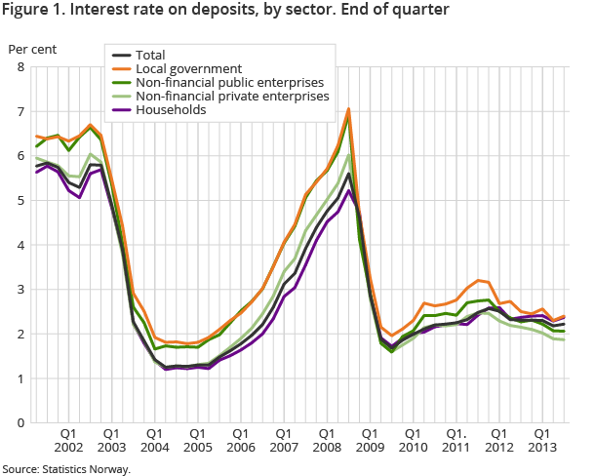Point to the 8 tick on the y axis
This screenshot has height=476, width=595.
(20, 67)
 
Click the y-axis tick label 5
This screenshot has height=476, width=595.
(20, 201)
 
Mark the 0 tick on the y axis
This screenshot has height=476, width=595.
(20, 423)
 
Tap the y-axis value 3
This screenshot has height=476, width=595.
(20, 290)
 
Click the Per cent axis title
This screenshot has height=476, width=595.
(32, 47)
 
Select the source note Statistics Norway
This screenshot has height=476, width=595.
(86, 469)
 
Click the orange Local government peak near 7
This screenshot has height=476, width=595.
(348, 108)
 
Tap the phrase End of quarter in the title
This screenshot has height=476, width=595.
(400, 12)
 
